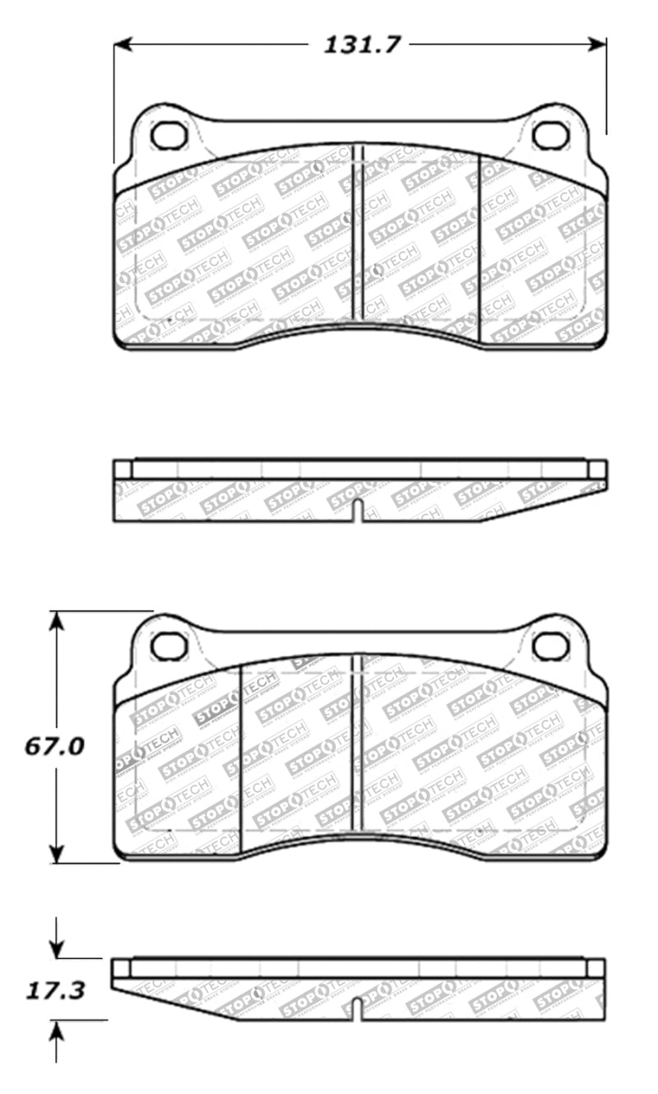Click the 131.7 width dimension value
[361, 44]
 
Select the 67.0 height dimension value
[54, 747]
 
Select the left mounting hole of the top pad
[169, 135]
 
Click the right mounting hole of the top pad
[550, 135]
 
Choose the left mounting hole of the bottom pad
[169, 647]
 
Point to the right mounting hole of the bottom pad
[550, 647]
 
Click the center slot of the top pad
[358, 234]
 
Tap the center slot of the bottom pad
[358, 744]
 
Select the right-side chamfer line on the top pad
[480, 247]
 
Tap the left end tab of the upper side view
[123, 470]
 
